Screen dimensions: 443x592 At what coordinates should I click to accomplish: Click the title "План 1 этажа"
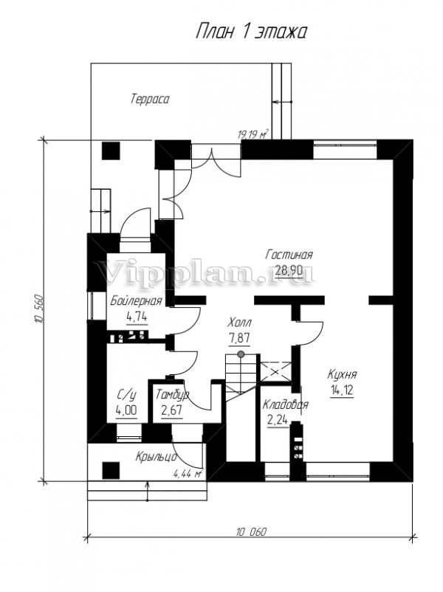pyautogui.click(x=251, y=32)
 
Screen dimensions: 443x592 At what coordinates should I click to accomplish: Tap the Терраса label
pyautogui.click(x=150, y=100)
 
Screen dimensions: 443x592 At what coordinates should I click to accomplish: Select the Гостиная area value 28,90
pyautogui.click(x=289, y=270)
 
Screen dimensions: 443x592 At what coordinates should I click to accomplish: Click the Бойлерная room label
pyautogui.click(x=136, y=300)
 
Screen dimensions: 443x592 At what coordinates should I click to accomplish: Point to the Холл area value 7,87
pyautogui.click(x=239, y=338)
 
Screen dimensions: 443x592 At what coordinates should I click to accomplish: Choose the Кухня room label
pyautogui.click(x=342, y=375)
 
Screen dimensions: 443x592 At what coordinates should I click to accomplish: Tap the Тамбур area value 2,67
pyautogui.click(x=172, y=410)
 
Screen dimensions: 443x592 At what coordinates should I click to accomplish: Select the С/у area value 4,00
pyautogui.click(x=126, y=410)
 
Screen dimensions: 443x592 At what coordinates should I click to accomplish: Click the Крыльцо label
pyautogui.click(x=156, y=457)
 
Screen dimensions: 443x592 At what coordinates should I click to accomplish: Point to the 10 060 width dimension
pyautogui.click(x=252, y=532)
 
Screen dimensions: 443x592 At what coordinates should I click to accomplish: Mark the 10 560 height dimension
pyautogui.click(x=39, y=309)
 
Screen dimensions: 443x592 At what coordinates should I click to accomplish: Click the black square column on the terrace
pyautogui.click(x=111, y=151)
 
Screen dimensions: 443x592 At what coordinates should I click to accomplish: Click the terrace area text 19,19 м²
pyautogui.click(x=253, y=134)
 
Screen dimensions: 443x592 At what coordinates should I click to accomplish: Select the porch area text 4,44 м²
pyautogui.click(x=188, y=473)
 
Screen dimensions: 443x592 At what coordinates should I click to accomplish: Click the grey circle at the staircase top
pyautogui.click(x=241, y=354)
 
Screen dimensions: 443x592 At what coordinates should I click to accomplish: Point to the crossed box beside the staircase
pyautogui.click(x=275, y=372)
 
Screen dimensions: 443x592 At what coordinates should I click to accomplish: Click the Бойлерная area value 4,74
pyautogui.click(x=137, y=317)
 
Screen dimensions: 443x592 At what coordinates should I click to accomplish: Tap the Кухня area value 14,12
pyautogui.click(x=342, y=390)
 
